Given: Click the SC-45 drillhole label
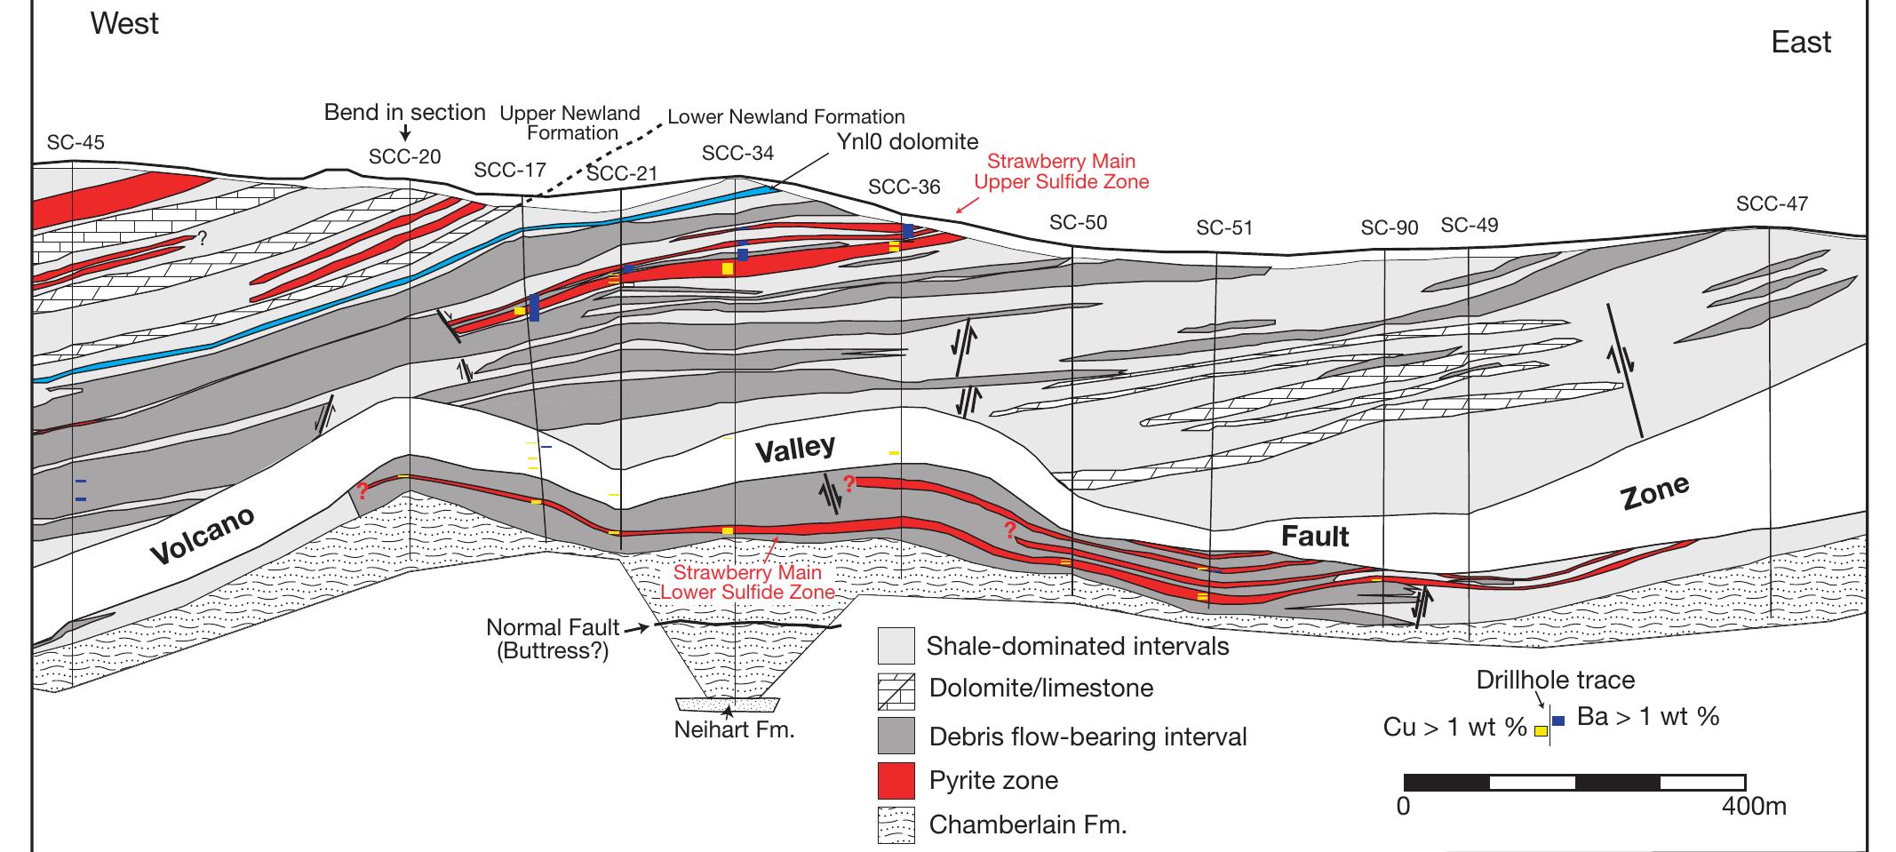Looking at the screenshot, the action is tap(76, 142).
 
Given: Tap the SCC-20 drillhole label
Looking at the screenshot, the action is tap(404, 157).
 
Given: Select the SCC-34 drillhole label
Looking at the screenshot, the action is tap(737, 153).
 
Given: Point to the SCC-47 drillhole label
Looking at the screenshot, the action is tap(1772, 204).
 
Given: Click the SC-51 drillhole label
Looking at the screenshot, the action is tap(1224, 227).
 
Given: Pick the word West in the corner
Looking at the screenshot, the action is tap(124, 23).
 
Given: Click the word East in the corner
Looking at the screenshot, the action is tap(1801, 42).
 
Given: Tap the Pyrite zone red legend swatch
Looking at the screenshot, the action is tap(896, 780).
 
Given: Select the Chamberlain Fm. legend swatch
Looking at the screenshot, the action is tap(896, 824).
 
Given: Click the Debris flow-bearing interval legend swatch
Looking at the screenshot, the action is tap(896, 737).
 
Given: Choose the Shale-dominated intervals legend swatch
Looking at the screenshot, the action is tap(896, 646).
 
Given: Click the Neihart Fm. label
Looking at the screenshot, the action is tap(734, 730).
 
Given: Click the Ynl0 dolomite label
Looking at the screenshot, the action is tap(907, 141).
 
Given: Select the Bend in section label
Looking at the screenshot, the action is tap(405, 112).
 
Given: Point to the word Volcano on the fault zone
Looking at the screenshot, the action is tap(203, 536).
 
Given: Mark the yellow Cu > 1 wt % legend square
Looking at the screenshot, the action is tap(1541, 730).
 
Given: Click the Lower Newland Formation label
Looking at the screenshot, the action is tap(786, 116).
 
